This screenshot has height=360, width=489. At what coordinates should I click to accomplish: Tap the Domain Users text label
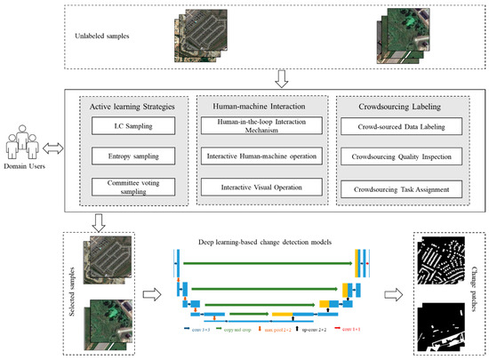[27, 164]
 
